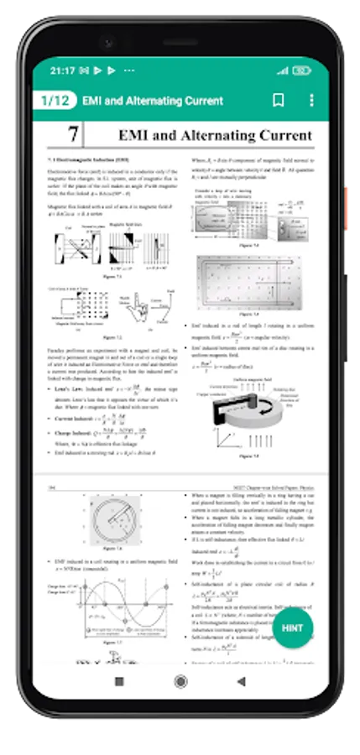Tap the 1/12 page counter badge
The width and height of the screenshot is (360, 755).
point(55,101)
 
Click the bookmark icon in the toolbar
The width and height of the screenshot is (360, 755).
point(279,101)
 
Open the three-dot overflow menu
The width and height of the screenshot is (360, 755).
point(311,101)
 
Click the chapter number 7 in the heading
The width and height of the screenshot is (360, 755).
point(74,134)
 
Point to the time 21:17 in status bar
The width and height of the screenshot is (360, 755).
point(62,70)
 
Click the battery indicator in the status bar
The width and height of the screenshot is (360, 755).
point(302,70)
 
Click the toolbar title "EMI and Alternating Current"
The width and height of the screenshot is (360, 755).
point(153,101)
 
